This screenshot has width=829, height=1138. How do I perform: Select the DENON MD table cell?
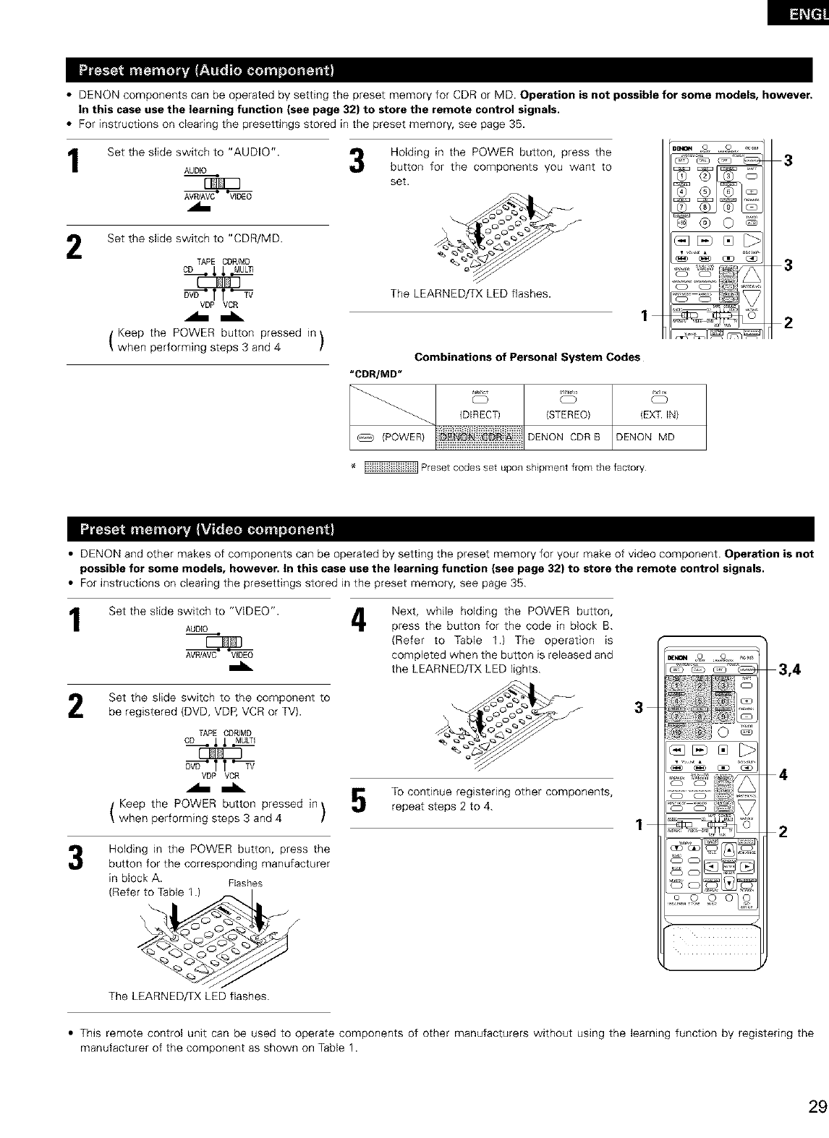click(645, 436)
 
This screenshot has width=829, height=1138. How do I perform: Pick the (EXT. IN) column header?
click(658, 414)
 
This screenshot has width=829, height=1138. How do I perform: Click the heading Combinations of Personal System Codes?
click(527, 357)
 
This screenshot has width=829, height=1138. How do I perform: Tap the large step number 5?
click(356, 800)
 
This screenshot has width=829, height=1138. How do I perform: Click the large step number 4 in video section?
click(356, 623)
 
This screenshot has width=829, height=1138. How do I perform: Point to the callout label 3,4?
click(790, 669)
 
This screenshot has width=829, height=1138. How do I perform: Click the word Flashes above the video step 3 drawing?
click(245, 883)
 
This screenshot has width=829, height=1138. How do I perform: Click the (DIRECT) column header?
click(480, 414)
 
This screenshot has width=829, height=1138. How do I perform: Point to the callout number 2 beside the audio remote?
click(788, 322)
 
